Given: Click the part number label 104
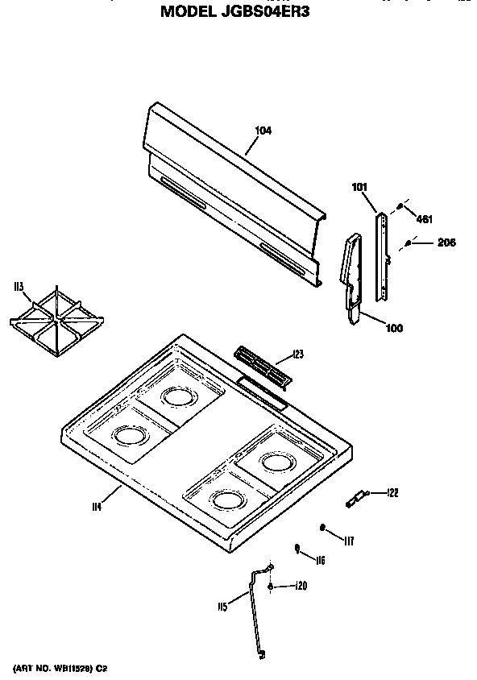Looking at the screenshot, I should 263,131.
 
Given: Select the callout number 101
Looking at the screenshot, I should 359,188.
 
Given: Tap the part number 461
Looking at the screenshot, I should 424,218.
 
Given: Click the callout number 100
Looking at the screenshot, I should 394,328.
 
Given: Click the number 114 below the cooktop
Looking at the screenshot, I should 97,506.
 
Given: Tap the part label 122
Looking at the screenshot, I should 392,492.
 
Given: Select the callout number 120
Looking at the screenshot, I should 301,586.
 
